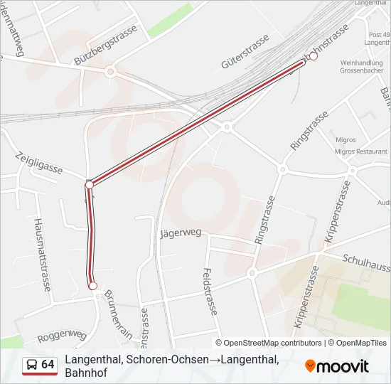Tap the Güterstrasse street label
click(x=245, y=50)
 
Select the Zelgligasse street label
click(x=38, y=162)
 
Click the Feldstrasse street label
click(x=209, y=292)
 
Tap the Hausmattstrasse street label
click(x=43, y=254)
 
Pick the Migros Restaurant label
click(x=361, y=151)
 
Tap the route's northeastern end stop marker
click(x=313, y=56)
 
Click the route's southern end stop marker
click(x=92, y=285)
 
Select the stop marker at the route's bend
click(x=90, y=185)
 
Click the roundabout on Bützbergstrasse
click(x=110, y=71)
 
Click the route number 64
click(x=48, y=365)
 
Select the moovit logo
click(x=337, y=366)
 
